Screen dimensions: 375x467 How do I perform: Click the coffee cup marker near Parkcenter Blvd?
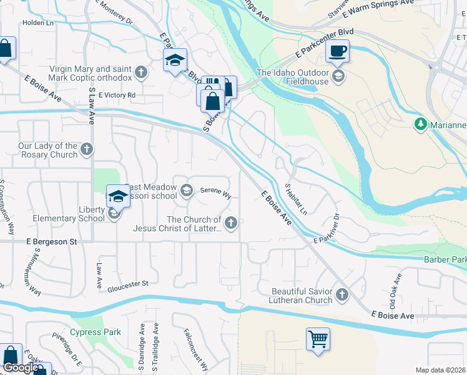tap(338, 51)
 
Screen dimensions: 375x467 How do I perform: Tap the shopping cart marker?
tap(318, 340)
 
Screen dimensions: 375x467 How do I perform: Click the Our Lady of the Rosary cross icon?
tap(87, 149)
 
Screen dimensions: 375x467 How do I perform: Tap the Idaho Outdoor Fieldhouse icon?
tap(338, 77)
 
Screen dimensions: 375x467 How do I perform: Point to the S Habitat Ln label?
tap(296, 199)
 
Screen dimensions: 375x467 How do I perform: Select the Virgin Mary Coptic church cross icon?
tap(142, 72)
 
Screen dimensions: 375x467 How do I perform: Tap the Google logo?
tap(20, 367)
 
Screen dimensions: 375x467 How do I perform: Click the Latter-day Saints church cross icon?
tap(231, 223)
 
